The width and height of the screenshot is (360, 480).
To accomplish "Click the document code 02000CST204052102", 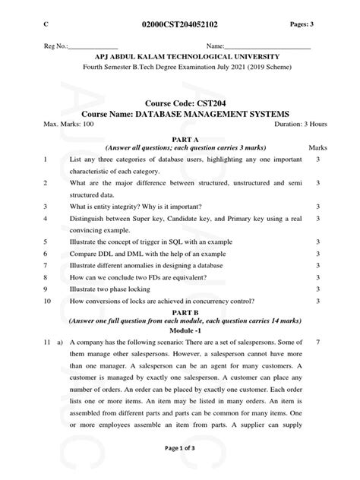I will coord(180,24).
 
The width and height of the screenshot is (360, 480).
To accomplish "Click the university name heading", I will coord(180,58).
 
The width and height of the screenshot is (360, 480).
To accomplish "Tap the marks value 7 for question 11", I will coord(318,364).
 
